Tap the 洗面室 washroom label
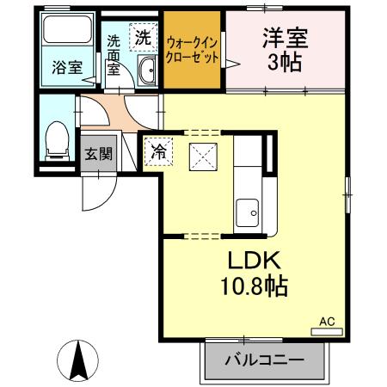coord(114,54)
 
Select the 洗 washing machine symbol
coord(142,37)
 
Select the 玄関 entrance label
coord(97,155)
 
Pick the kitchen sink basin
coord(249,210)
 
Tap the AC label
coord(327,322)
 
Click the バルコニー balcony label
coord(266,359)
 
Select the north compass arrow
coord(77,359)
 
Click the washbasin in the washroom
coord(144,72)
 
